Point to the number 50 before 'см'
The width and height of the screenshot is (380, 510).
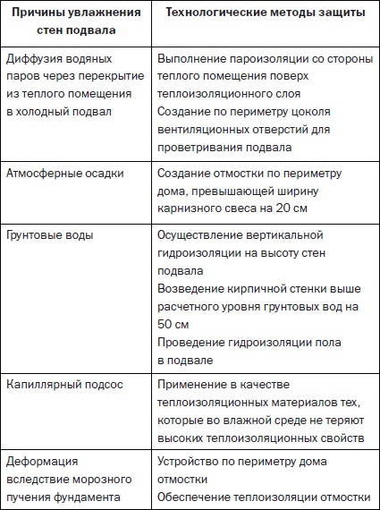click(x=166, y=324)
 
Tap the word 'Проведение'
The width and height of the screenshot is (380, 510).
click(x=191, y=342)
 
